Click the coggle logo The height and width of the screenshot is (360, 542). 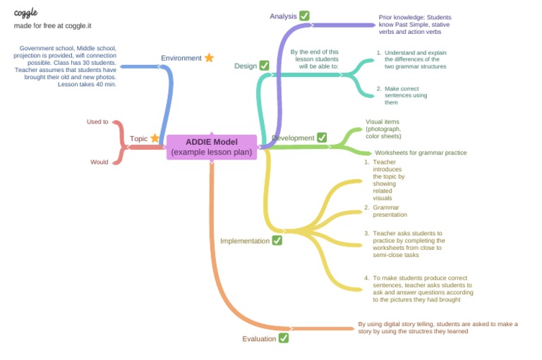pyautogui.click(x=26, y=13)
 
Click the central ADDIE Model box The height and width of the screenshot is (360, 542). pyautogui.click(x=211, y=147)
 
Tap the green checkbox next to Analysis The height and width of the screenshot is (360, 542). pyautogui.click(x=304, y=16)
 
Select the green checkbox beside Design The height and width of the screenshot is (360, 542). pyautogui.click(x=264, y=66)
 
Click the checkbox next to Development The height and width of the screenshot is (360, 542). pyautogui.click(x=322, y=138)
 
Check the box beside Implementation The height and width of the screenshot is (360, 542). pyautogui.click(x=277, y=241)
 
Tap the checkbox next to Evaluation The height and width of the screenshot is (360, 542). pyautogui.click(x=284, y=338)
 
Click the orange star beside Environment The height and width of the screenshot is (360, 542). pyautogui.click(x=209, y=58)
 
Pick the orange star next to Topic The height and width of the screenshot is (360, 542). pyautogui.click(x=155, y=138)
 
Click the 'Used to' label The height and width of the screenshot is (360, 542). pyautogui.click(x=97, y=121)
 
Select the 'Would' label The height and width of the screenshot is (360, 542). pyautogui.click(x=100, y=162)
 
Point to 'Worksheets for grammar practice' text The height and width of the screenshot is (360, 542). pyautogui.click(x=421, y=152)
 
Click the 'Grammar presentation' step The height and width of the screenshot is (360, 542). pyautogui.click(x=390, y=211)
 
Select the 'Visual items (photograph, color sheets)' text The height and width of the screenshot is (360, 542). pyautogui.click(x=383, y=128)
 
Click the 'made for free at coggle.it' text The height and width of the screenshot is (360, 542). pyautogui.click(x=53, y=25)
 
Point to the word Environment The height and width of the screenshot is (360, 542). pyautogui.click(x=181, y=58)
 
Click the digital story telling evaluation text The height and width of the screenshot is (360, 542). pyautogui.click(x=438, y=328)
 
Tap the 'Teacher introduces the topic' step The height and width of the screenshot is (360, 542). pyautogui.click(x=388, y=180)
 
